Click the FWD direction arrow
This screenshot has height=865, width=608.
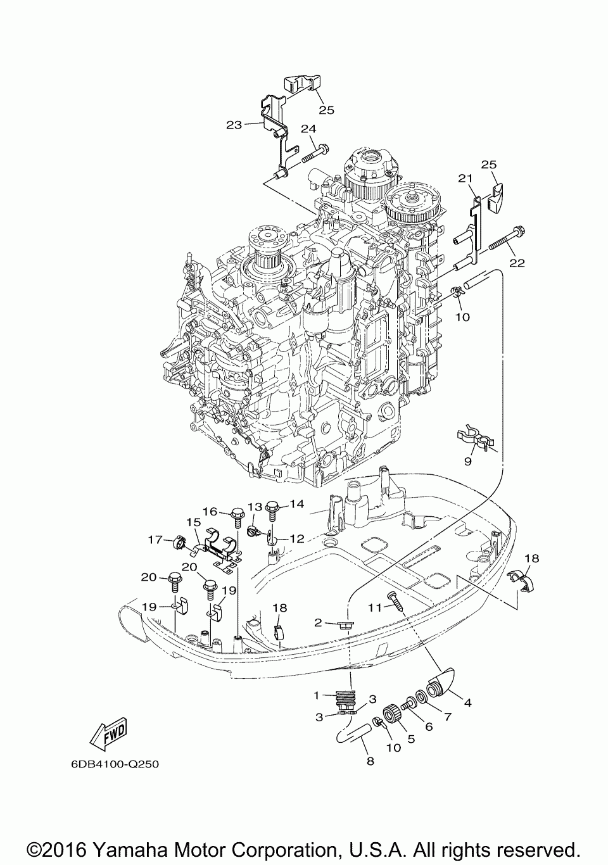coord(110,734)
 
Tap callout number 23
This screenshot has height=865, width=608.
coord(234,125)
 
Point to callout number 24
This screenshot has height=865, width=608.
coord(308,129)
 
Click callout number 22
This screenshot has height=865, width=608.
coord(517,263)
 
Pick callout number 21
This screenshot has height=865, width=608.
coord(465,179)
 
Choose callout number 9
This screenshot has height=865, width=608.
coord(468,462)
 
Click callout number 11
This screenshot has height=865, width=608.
coord(375,607)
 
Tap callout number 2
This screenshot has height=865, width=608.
coord(318,622)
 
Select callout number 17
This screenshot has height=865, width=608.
coord(156,540)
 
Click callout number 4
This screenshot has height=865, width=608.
coord(468,703)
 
